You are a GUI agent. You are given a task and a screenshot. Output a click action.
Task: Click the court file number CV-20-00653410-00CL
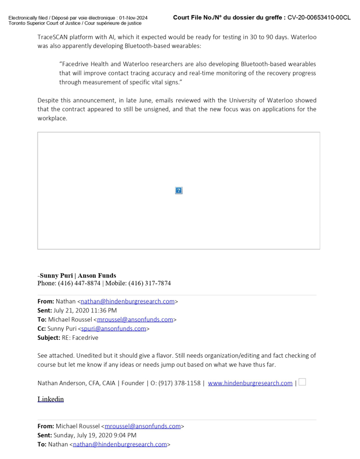tap(319, 18)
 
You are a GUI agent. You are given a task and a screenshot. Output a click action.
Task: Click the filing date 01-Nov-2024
tap(133, 18)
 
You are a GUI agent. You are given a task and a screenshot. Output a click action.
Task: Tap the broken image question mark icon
tap(179, 191)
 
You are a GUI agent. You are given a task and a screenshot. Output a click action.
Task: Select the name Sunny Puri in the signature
tap(56, 276)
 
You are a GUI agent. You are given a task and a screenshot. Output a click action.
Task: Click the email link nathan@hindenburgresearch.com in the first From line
tap(127, 302)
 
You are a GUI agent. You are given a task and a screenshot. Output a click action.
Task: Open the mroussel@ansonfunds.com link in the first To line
tap(135, 320)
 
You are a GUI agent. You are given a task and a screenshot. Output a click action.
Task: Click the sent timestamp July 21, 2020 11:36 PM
tap(85, 311)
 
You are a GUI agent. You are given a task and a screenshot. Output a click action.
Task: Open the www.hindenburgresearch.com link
tap(250, 383)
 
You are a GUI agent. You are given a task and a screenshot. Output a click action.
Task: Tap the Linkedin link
tap(50, 399)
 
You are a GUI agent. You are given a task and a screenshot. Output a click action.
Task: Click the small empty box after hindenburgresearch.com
tap(302, 382)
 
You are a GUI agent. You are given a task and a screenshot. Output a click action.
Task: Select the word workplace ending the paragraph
tap(52, 118)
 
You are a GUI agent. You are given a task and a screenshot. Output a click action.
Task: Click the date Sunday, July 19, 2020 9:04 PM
tap(95, 435)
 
